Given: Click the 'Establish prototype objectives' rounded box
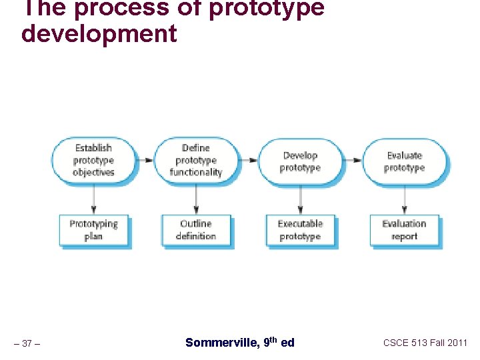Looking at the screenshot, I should (93, 161).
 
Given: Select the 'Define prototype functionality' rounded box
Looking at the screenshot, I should (196, 161).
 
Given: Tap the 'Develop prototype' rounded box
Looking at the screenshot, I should (300, 161).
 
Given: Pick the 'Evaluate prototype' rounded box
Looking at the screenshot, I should (404, 161).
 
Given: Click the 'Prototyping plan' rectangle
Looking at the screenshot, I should (93, 230).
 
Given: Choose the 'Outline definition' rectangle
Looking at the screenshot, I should (196, 230).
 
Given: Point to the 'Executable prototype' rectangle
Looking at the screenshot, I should (300, 230).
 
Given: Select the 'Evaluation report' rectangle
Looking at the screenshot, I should (404, 230).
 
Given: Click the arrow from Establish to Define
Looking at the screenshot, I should (145, 161).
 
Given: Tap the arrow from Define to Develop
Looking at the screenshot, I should (248, 161).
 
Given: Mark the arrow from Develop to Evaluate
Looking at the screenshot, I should (352, 161).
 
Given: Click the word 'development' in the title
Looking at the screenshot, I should (99, 33).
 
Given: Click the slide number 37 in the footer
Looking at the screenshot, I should (27, 343).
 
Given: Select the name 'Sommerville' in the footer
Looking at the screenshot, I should (220, 343).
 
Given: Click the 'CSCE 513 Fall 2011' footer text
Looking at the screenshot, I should (425, 343).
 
